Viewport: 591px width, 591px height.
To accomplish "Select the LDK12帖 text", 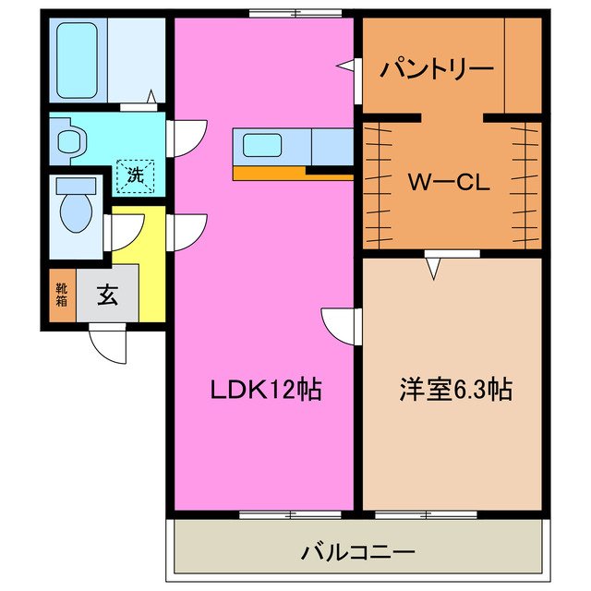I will click(262, 390).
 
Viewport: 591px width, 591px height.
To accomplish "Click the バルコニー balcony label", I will click(356, 553).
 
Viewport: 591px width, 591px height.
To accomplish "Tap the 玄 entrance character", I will click(107, 296).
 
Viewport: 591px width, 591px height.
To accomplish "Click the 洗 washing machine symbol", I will click(135, 175).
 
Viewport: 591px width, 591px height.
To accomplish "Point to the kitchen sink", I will click(264, 146).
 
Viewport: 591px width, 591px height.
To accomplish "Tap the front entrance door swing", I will click(110, 345).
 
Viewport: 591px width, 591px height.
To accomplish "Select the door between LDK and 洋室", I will click(343, 324).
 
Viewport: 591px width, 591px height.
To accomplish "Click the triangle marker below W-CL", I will click(434, 269).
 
